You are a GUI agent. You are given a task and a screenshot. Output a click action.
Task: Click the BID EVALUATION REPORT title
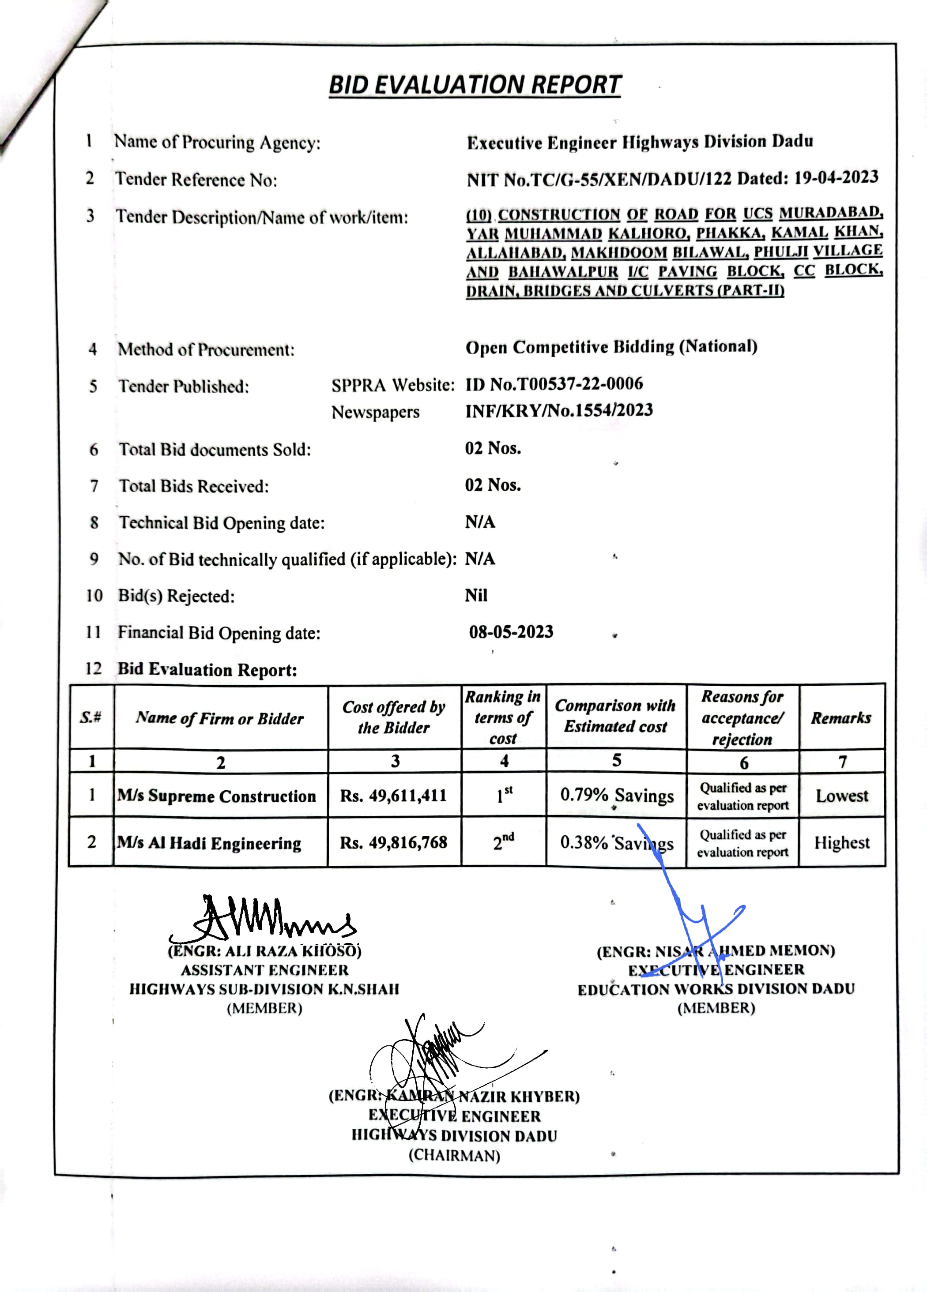click(x=475, y=85)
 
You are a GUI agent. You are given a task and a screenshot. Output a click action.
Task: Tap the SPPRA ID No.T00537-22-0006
click(x=554, y=384)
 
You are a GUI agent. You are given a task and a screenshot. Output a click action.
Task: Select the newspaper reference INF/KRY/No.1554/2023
click(x=559, y=410)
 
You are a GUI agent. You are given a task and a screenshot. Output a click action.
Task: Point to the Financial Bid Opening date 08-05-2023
click(x=511, y=632)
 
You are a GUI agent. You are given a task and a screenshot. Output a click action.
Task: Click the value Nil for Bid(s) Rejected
click(x=476, y=595)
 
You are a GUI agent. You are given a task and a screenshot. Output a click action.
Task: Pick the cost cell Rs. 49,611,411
click(x=393, y=795)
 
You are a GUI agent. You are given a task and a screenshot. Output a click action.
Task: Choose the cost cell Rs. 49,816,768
click(x=393, y=842)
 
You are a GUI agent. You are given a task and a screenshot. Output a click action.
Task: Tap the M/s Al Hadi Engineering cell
click(x=209, y=842)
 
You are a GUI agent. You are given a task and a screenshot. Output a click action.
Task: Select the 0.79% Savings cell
click(x=617, y=795)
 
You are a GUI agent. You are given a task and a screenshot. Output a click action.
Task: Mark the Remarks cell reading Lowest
click(x=841, y=795)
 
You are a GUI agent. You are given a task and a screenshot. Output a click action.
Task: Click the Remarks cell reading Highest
click(x=841, y=842)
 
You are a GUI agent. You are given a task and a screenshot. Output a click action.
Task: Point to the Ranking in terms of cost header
click(x=503, y=717)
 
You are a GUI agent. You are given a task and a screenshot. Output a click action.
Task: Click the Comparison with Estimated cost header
click(x=615, y=716)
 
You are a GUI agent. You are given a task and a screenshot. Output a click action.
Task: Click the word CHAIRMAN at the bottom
click(x=454, y=1155)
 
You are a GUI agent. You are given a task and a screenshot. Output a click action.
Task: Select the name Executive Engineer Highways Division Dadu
click(x=640, y=142)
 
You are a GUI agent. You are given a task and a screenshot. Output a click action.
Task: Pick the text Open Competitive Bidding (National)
click(x=611, y=347)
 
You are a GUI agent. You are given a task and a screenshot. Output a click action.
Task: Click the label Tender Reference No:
click(x=196, y=180)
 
